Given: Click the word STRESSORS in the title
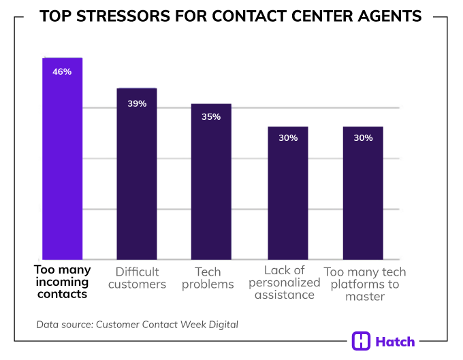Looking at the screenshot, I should (x=122, y=16).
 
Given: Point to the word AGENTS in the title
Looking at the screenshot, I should (x=389, y=16).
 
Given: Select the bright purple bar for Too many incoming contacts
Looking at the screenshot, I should (x=63, y=163).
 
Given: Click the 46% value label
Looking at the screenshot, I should (x=62, y=71).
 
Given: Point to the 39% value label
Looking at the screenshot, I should (x=137, y=103).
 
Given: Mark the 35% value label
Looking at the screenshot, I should (x=211, y=117).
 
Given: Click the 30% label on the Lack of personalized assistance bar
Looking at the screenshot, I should (x=288, y=138).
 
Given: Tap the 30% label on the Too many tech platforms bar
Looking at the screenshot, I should (x=363, y=138).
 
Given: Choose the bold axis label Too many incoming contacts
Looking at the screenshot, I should (x=62, y=282).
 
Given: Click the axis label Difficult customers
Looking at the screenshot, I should (x=137, y=278).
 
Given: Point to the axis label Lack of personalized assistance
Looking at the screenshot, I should (x=287, y=283).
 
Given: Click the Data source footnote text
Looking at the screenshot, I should (x=137, y=325).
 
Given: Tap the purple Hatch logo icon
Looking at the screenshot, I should (x=362, y=342).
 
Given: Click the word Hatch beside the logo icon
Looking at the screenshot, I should (x=396, y=342).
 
